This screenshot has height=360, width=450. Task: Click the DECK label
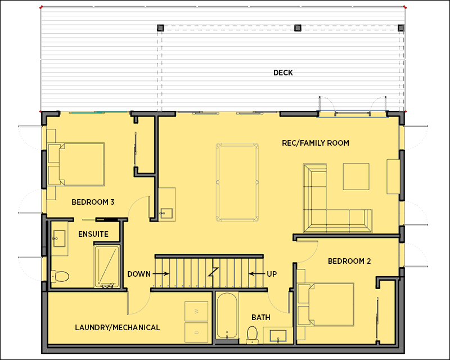283,73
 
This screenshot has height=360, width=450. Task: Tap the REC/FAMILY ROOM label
316,143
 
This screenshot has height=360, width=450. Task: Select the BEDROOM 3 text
93,202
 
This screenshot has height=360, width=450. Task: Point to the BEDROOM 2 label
349,261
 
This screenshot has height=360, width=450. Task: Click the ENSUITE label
93,234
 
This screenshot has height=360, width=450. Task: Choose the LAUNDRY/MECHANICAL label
118,327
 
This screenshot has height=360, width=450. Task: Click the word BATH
261,317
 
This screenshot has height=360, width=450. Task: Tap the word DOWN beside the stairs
139,274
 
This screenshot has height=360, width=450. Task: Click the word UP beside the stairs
272,274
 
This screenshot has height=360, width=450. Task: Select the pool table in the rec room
237,182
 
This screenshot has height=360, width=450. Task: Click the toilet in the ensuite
60,276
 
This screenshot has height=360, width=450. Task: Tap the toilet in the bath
253,335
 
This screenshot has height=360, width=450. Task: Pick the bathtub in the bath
227,316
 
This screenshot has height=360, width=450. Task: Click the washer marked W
196,311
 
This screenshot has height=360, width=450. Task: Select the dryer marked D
196,332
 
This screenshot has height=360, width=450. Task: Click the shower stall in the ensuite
107,267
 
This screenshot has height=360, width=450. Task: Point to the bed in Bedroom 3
76,164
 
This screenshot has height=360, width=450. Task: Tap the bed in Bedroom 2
326,304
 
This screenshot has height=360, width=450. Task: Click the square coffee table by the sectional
356,177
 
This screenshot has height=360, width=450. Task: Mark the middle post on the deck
298,28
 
